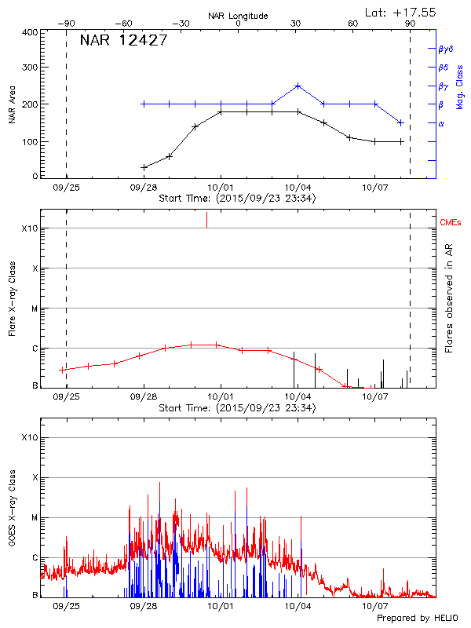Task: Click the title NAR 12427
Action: (x=123, y=41)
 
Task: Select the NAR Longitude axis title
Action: (x=238, y=15)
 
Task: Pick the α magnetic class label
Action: (x=441, y=123)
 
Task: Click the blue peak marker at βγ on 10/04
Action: (x=298, y=86)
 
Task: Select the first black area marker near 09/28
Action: (x=144, y=167)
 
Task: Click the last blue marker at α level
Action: (x=401, y=122)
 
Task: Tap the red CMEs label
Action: (x=451, y=224)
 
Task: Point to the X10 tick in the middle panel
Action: (x=31, y=228)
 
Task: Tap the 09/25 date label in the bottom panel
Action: (x=66, y=606)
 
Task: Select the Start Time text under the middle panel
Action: (x=237, y=408)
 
